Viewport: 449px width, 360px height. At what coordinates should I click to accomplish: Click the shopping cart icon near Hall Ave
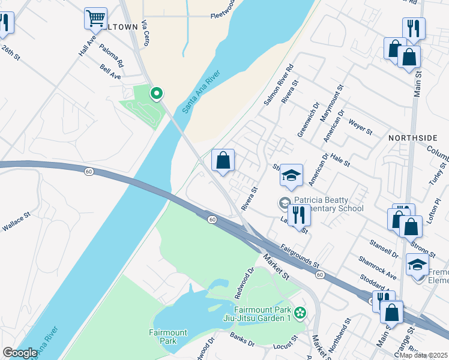click(95, 18)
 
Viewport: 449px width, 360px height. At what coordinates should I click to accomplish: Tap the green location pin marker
click(157, 94)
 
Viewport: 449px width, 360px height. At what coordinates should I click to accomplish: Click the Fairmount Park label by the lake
click(168, 337)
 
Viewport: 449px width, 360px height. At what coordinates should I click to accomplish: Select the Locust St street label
click(286, 343)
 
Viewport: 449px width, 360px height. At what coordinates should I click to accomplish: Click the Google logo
click(20, 353)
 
